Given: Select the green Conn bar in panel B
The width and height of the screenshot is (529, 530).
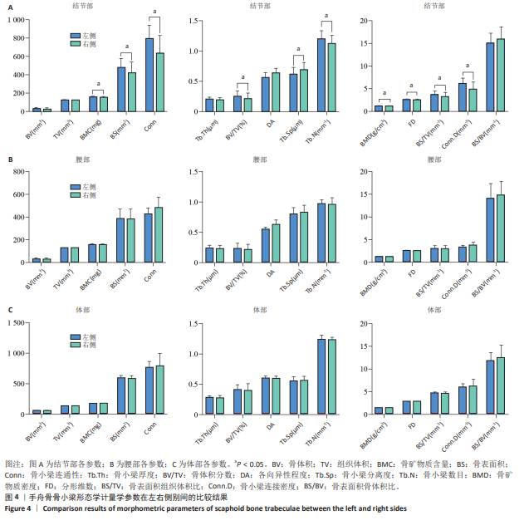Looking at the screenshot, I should coord(159,235).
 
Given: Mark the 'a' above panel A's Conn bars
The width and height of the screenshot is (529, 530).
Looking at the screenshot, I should coord(154,10).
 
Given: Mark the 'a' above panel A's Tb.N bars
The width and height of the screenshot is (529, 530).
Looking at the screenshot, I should coord(326,15).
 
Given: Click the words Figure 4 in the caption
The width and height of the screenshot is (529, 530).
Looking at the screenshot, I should coord(22,508).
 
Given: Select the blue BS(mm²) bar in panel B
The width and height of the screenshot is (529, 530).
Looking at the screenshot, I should coord(121,240).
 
